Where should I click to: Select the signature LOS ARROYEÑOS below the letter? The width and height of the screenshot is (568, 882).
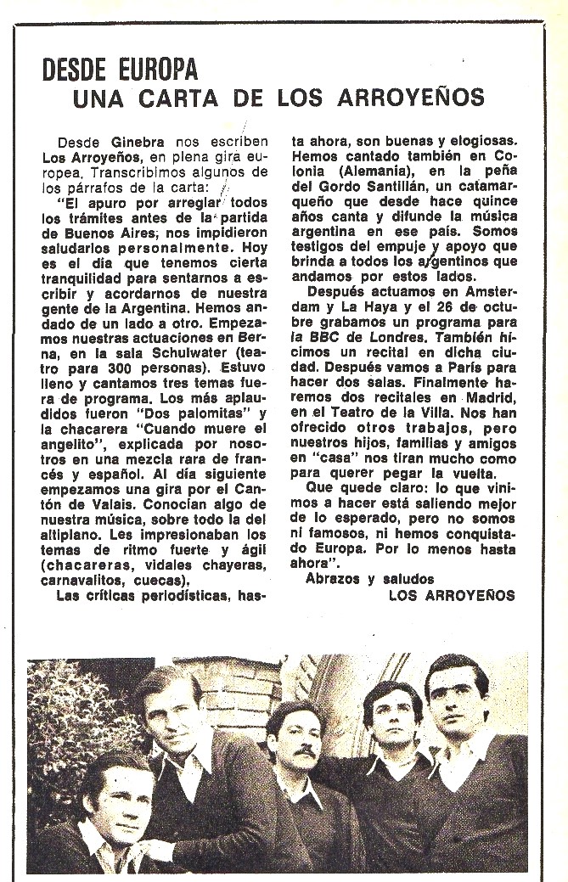click(451, 596)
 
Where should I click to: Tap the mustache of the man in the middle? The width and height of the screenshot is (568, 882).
click(294, 753)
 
